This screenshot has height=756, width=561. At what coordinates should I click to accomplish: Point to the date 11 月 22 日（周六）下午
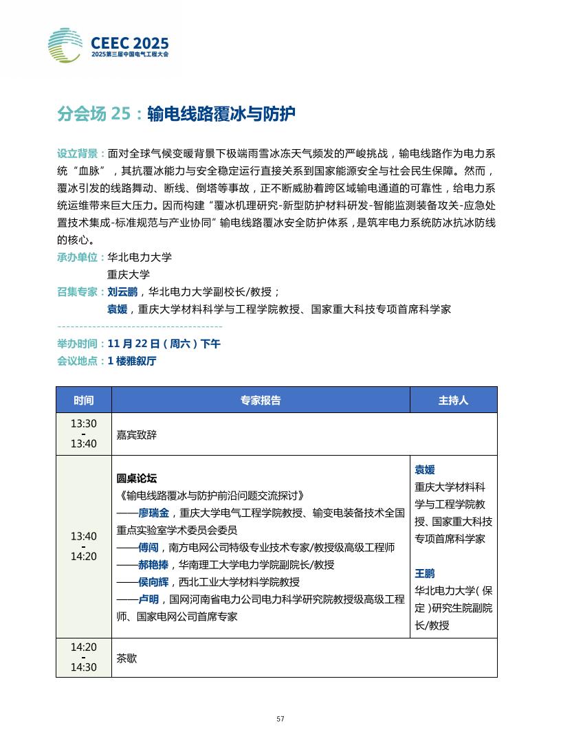pos(164,344)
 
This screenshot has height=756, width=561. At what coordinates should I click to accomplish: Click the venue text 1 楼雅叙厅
pos(132,361)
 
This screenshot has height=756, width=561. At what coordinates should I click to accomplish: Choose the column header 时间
pos(83,400)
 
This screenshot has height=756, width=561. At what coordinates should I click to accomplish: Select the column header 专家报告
pos(261,400)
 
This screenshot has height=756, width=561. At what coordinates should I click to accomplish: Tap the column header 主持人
pos(453,400)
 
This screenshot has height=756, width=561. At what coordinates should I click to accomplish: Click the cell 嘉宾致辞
pos(136,434)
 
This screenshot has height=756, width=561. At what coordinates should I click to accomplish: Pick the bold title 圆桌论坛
pos(137,478)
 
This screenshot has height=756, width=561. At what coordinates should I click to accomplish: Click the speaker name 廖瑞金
pos(153,513)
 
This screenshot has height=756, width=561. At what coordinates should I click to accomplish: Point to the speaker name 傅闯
pos(148,548)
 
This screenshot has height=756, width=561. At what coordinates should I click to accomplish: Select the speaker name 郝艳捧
pos(153,565)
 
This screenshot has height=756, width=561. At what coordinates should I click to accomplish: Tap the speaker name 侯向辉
pos(153,582)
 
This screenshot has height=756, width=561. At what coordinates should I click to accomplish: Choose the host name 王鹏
pos(424,573)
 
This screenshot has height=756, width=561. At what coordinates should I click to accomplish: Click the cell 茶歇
pos(126,658)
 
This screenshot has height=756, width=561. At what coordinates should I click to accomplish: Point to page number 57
pos(280,719)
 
